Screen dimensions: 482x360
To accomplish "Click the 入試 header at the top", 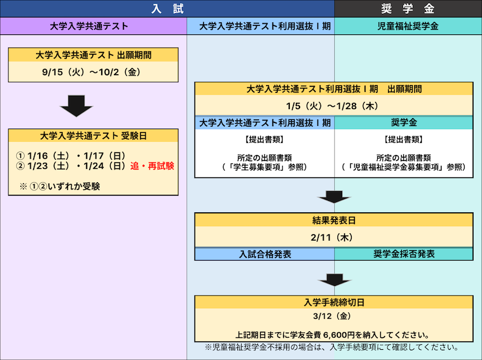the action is pyautogui.click(x=167, y=8).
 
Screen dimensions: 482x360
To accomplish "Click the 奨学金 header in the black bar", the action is pyautogui.click(x=408, y=8).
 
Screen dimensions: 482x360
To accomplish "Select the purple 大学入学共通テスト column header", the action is pyautogui.click(x=93, y=26).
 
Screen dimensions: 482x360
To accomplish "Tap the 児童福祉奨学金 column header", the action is pyautogui.click(x=408, y=26).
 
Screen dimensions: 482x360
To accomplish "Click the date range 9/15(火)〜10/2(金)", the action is pyautogui.click(x=92, y=72).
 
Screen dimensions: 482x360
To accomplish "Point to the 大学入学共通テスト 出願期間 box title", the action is pyautogui.click(x=93, y=55).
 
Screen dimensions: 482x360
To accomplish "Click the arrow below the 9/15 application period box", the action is pyautogui.click(x=77, y=106).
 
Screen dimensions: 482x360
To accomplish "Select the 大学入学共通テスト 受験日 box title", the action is pyautogui.click(x=93, y=136).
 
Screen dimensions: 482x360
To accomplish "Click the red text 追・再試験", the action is pyautogui.click(x=152, y=166).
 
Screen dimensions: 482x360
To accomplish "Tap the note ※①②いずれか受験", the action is pyautogui.click(x=60, y=186).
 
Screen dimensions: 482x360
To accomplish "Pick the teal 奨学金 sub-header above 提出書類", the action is pyautogui.click(x=404, y=123).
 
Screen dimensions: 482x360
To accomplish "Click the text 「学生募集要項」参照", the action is pyautogui.click(x=264, y=168).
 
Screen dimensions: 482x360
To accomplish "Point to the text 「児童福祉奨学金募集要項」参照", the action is pyautogui.click(x=404, y=168).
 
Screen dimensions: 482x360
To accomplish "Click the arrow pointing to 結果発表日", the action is pyautogui.click(x=334, y=197).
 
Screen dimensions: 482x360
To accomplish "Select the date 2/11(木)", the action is pyautogui.click(x=332, y=238).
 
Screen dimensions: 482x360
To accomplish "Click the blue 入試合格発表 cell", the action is pyautogui.click(x=264, y=254).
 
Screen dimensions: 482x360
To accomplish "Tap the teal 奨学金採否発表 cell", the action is pyautogui.click(x=404, y=254).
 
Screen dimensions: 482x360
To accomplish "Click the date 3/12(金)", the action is pyautogui.click(x=332, y=317).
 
